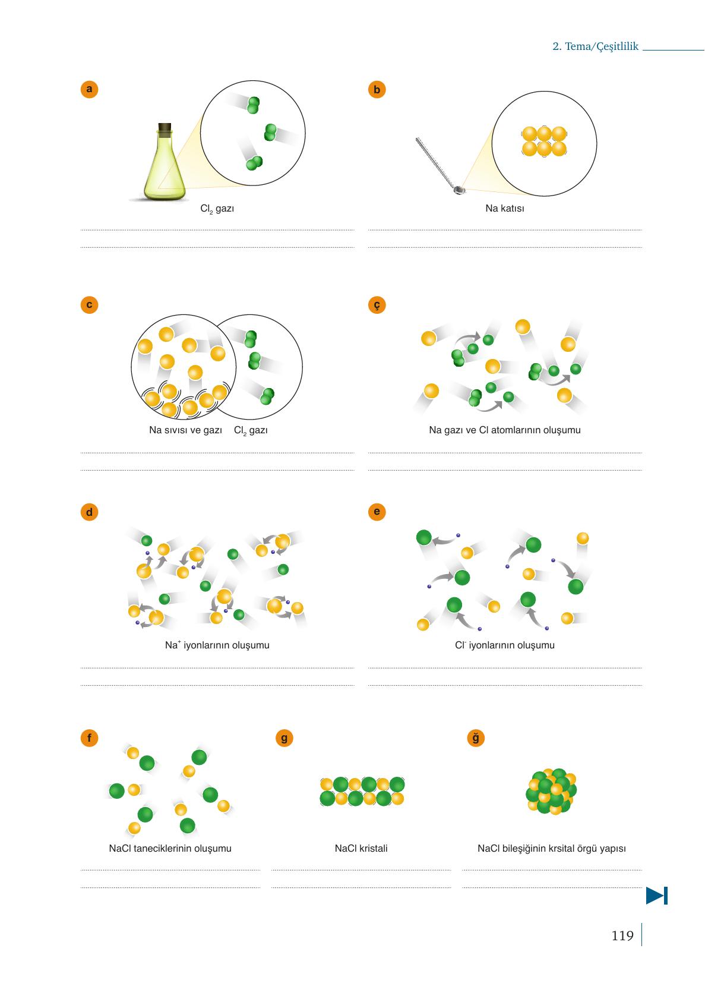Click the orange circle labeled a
tap(89, 89)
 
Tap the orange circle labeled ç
tap(377, 305)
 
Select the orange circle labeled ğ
tap(475, 738)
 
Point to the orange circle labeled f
tap(89, 738)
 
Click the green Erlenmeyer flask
tap(165, 162)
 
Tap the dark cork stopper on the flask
tap(165, 128)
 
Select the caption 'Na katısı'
tap(504, 208)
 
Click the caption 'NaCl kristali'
tap(361, 848)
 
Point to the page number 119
tap(622, 935)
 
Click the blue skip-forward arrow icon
tap(657, 895)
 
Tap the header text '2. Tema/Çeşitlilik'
tap(595, 46)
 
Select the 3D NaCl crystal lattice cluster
tap(551, 792)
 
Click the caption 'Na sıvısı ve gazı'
tap(185, 430)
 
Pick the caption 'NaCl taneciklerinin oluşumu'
tap(170, 848)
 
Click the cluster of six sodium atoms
tap(544, 141)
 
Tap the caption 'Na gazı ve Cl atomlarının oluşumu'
tap(504, 430)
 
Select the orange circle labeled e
tap(377, 512)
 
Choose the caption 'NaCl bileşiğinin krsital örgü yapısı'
tap(552, 848)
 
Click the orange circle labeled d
tap(89, 512)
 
